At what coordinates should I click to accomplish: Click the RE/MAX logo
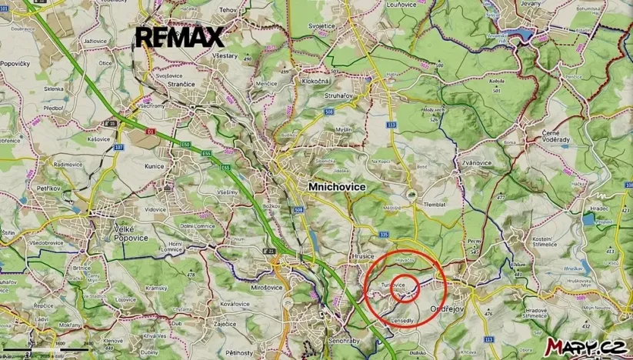(180, 37)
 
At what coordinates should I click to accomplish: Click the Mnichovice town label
(337, 187)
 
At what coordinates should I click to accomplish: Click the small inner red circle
(404, 288)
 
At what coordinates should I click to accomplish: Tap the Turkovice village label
(392, 285)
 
